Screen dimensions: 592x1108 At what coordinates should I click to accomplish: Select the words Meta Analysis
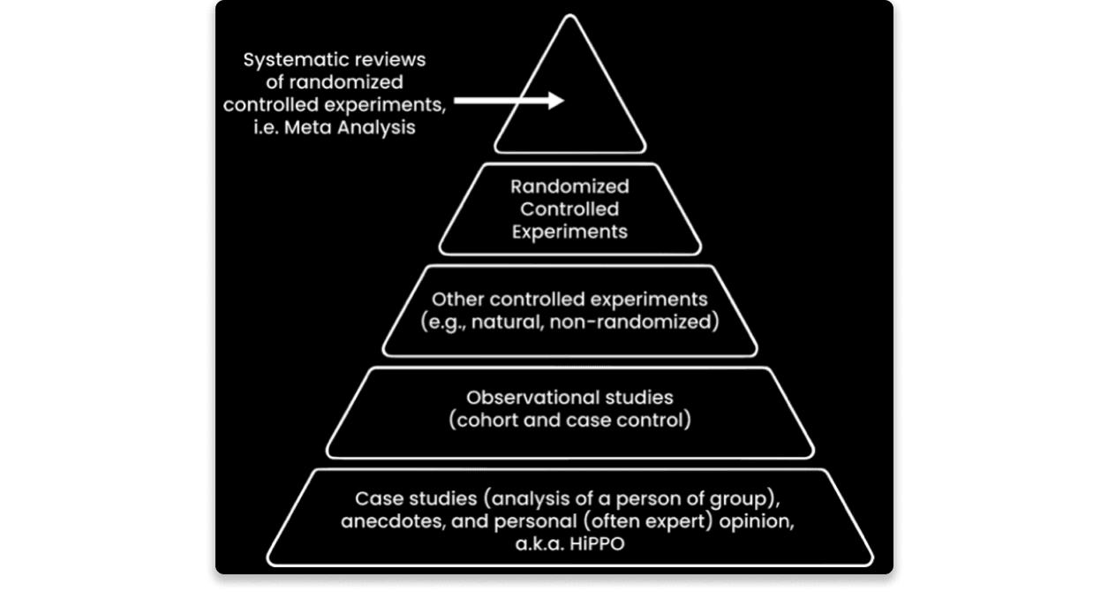(x=370, y=128)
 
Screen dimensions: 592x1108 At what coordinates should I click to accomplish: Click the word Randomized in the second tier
(x=569, y=186)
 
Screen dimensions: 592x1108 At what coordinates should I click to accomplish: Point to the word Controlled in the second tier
(x=569, y=209)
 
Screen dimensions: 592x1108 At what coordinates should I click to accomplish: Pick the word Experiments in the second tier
(x=569, y=232)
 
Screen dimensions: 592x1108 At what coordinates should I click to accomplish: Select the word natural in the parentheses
(x=505, y=322)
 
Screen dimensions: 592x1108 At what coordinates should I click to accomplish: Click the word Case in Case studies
(x=375, y=498)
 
